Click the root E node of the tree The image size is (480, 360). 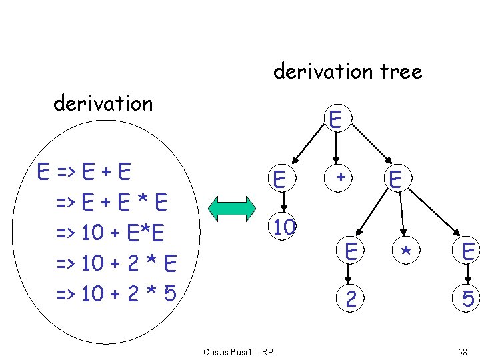(335, 119)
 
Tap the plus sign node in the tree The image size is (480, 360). (340, 177)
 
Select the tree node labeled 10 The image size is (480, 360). (284, 227)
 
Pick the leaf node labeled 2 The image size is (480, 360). (350, 300)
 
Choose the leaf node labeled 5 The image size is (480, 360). (468, 300)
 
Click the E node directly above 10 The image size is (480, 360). (280, 179)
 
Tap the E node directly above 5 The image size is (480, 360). (468, 251)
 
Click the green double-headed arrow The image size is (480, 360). (232, 209)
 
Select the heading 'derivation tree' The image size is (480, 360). (347, 71)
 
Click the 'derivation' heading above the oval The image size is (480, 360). (103, 103)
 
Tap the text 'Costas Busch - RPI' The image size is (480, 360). (239, 352)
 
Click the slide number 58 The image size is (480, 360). (463, 352)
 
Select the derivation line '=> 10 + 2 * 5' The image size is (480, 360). (116, 293)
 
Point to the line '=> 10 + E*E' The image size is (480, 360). (111, 233)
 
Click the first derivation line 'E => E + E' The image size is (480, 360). (84, 171)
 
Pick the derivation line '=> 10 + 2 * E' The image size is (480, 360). (116, 263)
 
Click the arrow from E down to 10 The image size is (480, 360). (283, 201)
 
